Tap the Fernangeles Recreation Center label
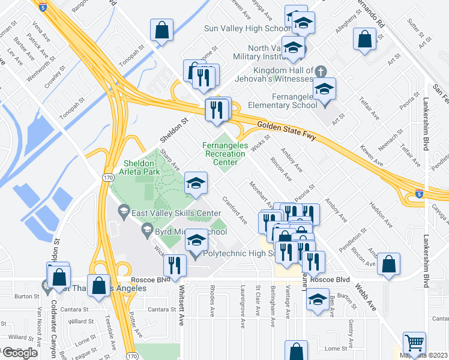(224, 149)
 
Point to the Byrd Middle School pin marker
(146, 229)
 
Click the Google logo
(20, 353)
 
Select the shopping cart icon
(414, 344)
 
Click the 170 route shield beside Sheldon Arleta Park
(106, 178)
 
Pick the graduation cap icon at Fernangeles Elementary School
(325, 89)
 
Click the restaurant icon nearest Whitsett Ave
(175, 265)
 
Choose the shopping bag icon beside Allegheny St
(366, 39)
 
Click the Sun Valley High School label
(247, 28)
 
